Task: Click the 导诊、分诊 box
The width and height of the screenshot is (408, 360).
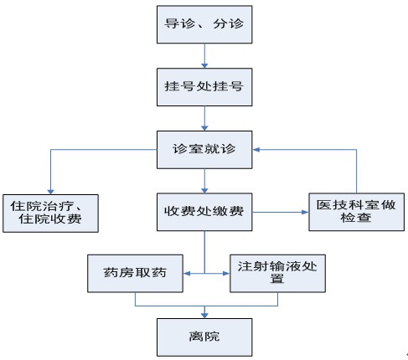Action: click(x=204, y=24)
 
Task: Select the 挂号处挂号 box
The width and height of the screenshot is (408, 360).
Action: click(x=204, y=87)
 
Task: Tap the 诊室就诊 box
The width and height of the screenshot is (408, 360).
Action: click(x=204, y=150)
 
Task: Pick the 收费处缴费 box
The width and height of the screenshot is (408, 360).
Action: click(x=204, y=212)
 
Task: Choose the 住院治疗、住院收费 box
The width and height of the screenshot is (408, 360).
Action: click(x=50, y=213)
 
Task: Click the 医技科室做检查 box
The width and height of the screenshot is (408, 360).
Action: click(x=356, y=212)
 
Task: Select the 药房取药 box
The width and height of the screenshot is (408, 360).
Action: click(x=135, y=274)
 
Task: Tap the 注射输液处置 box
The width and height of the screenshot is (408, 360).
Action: click(x=277, y=274)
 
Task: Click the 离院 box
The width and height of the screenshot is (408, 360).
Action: click(x=204, y=337)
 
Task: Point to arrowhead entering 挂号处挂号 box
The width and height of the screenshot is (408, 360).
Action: click(x=204, y=65)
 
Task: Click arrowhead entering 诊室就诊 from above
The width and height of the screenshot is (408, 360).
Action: click(x=204, y=128)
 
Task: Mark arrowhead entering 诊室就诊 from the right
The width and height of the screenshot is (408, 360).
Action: click(x=256, y=150)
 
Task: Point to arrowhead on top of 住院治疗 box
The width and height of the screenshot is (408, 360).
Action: click(x=50, y=192)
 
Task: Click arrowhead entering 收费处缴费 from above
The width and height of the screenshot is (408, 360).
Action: click(x=204, y=191)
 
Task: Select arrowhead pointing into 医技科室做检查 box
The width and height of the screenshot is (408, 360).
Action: click(x=305, y=212)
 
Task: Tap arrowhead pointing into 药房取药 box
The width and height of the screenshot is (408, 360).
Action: click(x=187, y=274)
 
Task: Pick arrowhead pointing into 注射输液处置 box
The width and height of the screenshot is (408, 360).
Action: click(x=226, y=274)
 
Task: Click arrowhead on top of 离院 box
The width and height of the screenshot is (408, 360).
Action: click(x=204, y=316)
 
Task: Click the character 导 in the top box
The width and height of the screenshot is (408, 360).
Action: click(x=172, y=23)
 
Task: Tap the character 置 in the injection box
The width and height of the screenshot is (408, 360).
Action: click(x=277, y=279)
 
